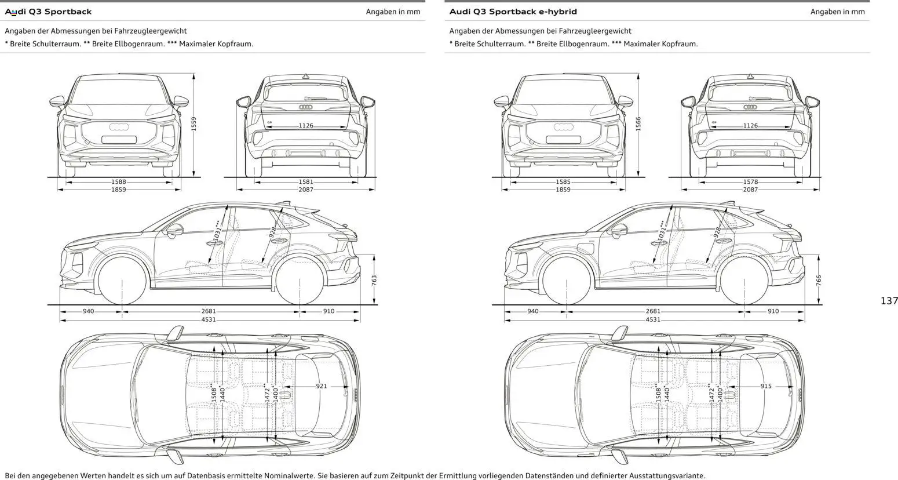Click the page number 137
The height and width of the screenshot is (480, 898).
(889, 300)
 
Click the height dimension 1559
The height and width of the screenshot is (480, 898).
(194, 123)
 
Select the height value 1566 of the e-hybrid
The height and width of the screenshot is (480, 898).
(638, 123)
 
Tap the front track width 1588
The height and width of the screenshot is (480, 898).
(118, 182)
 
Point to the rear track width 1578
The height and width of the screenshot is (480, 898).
(750, 182)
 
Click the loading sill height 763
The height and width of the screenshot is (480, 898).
(374, 279)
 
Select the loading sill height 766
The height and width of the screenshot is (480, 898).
(819, 279)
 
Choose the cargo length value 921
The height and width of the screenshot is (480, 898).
(322, 386)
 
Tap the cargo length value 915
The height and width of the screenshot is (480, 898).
(766, 386)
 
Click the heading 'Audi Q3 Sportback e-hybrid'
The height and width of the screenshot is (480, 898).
(513, 12)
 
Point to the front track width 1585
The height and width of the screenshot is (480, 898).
(563, 182)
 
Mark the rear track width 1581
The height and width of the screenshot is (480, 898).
(306, 182)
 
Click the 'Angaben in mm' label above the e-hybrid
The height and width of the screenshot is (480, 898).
(837, 12)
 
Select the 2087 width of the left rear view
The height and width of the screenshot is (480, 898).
(306, 190)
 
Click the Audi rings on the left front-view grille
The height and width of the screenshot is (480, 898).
(119, 127)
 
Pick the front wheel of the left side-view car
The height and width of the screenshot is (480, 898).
(122, 281)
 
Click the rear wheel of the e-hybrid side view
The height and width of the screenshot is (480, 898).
(744, 281)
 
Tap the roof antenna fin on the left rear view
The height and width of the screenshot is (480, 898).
(305, 76)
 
